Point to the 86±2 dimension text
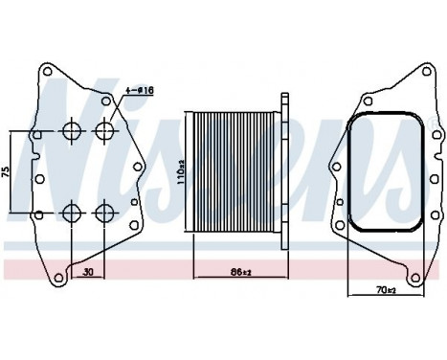239,273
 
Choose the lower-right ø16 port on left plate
104,212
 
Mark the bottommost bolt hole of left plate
62,279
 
